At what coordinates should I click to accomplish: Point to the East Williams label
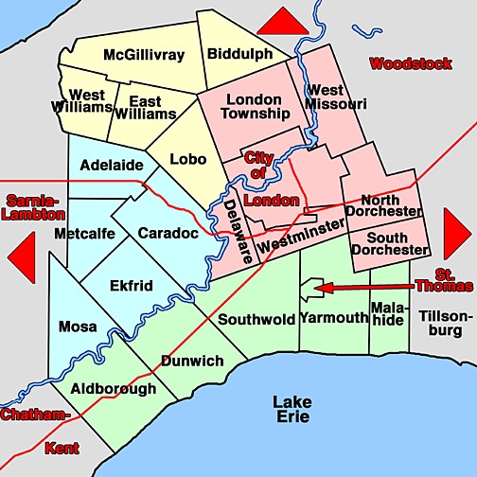click(x=151, y=107)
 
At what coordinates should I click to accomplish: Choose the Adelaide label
click(x=112, y=166)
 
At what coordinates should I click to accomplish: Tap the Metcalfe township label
click(x=84, y=233)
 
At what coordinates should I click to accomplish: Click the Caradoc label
click(x=167, y=232)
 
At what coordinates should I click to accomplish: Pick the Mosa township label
click(x=78, y=327)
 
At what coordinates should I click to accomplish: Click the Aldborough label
click(x=113, y=388)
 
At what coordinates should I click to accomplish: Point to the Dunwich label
click(x=192, y=361)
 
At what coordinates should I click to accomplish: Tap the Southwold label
click(x=256, y=319)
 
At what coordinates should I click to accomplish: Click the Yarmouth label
click(x=333, y=318)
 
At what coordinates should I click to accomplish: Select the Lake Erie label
click(x=292, y=411)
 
